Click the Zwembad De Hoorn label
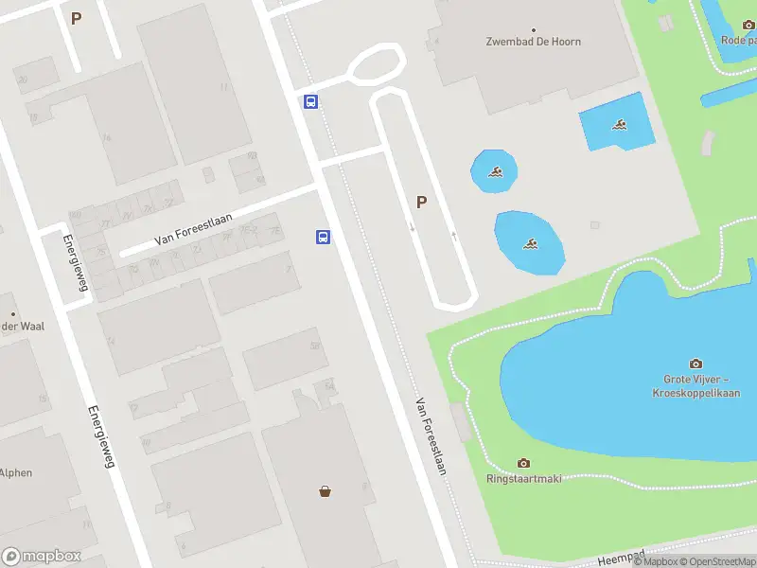tap(534, 42)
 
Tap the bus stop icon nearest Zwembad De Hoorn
tap(310, 101)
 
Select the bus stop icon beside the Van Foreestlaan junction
tap(323, 237)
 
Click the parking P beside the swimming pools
tap(421, 201)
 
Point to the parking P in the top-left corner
tap(76, 17)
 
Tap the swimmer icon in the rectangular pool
tap(620, 125)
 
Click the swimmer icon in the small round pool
tap(495, 171)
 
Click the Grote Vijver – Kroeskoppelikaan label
tap(695, 386)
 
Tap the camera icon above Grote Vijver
tap(696, 364)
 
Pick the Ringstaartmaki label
tap(523, 478)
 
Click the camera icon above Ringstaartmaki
tap(523, 463)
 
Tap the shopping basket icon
tap(326, 491)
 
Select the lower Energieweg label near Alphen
tap(101, 444)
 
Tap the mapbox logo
tap(42, 557)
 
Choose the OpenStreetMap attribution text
tap(713, 561)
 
